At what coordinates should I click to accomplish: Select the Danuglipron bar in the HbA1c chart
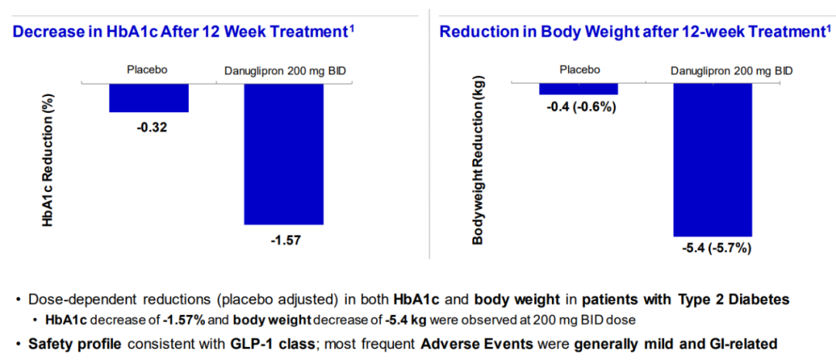tap(284, 153)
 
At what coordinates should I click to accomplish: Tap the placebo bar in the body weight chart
tap(579, 88)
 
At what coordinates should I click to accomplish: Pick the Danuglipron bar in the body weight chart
tap(712, 159)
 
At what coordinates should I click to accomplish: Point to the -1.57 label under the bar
tap(285, 240)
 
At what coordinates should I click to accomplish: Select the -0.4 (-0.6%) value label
tap(581, 108)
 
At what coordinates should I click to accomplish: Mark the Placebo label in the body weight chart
tap(580, 70)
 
